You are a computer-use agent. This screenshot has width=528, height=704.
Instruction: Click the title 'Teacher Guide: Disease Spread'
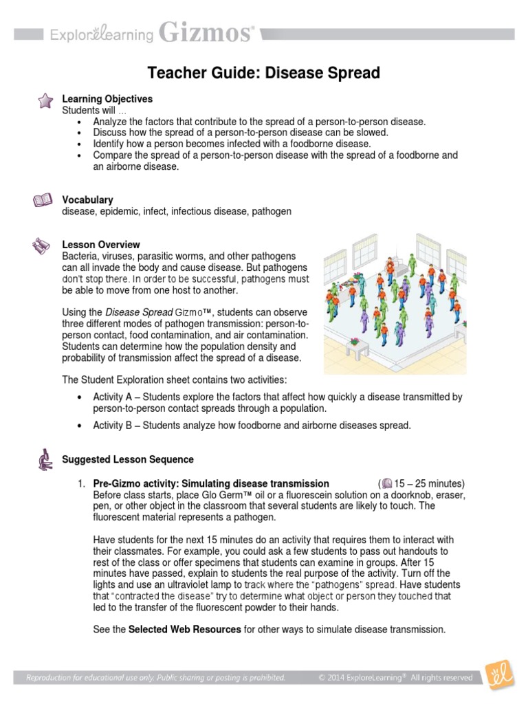click(264, 73)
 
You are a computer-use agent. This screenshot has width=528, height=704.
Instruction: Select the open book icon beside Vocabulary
click(43, 201)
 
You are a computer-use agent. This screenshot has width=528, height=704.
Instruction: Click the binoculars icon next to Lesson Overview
click(43, 245)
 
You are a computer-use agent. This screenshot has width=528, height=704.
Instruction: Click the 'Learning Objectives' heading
click(107, 99)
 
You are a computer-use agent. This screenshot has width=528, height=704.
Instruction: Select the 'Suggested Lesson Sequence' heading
click(128, 459)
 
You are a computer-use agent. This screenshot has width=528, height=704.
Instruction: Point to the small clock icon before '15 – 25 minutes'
click(387, 483)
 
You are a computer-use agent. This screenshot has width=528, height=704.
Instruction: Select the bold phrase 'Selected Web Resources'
click(185, 629)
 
